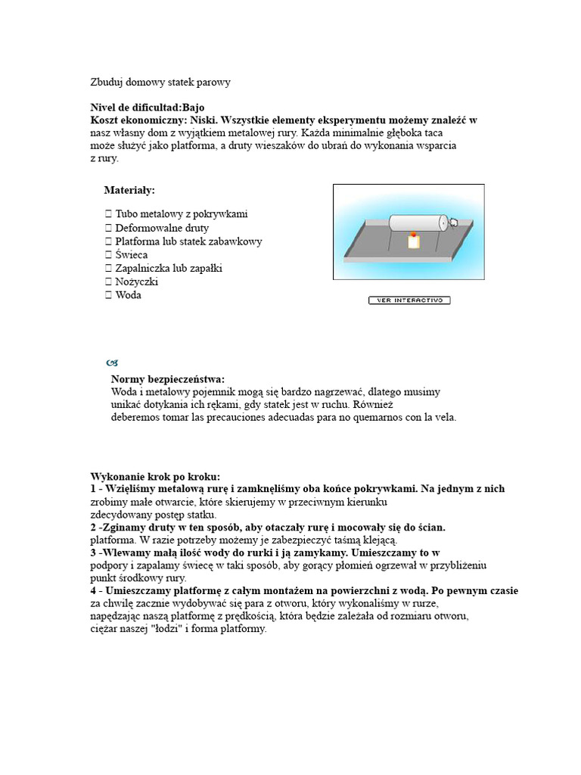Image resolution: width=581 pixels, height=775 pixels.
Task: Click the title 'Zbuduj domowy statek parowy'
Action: [x=160, y=82]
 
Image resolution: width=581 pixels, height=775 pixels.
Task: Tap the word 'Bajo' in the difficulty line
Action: [x=193, y=107]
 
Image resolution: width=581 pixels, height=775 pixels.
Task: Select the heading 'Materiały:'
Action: [x=129, y=189]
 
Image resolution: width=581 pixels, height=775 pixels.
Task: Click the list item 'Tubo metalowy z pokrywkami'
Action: [x=181, y=214]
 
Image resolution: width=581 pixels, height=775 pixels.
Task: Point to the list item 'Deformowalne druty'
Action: [x=162, y=228]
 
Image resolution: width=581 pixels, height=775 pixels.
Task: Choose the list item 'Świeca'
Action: [x=132, y=255]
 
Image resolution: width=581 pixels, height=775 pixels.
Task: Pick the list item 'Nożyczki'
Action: [x=137, y=282]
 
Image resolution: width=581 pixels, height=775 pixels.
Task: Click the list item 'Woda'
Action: [x=129, y=295]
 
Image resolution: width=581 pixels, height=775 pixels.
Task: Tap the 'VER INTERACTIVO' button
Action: [x=409, y=300]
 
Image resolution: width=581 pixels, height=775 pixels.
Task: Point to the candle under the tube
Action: [x=413, y=241]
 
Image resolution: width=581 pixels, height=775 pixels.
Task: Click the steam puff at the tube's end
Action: [x=454, y=223]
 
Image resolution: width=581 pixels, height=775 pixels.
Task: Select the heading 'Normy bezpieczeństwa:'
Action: [x=168, y=379]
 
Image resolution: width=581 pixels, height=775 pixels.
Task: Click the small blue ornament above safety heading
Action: [x=112, y=363]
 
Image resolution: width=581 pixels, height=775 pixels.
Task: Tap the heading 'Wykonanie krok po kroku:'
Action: [x=155, y=477]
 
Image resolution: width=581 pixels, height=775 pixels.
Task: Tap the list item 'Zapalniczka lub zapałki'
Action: [x=169, y=268]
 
